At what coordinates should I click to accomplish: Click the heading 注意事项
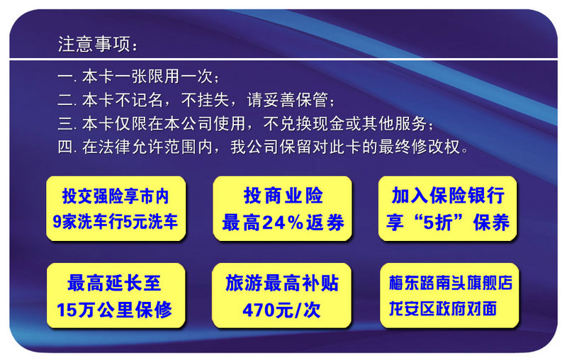(94, 45)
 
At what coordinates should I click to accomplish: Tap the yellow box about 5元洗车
(116, 208)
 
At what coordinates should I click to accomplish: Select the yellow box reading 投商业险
(282, 208)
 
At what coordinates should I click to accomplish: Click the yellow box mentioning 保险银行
(448, 208)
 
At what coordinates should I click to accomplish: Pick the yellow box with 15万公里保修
(116, 296)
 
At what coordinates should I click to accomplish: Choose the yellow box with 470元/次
(281, 296)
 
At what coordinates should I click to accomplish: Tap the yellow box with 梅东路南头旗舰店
(449, 296)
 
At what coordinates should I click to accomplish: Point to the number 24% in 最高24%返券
(283, 223)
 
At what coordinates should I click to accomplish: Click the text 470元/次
(281, 310)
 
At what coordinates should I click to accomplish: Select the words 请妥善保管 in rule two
(287, 100)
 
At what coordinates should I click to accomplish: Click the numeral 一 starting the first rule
(65, 77)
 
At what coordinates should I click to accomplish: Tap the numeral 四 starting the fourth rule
(65, 147)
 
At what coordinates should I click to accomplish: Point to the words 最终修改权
(420, 147)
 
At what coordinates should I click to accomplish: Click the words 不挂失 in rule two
(206, 100)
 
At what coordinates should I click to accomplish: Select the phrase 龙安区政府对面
(442, 309)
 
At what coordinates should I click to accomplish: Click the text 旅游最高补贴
(282, 283)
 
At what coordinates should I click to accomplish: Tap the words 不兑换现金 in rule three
(304, 123)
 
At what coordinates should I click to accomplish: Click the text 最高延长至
(114, 283)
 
